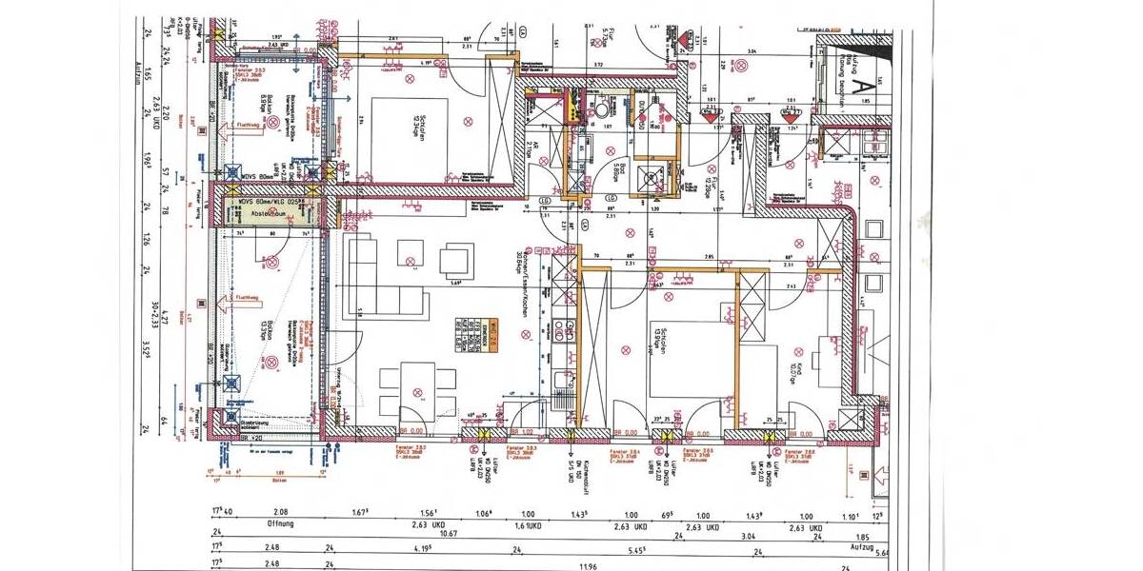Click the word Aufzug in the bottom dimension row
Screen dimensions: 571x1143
859,550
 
